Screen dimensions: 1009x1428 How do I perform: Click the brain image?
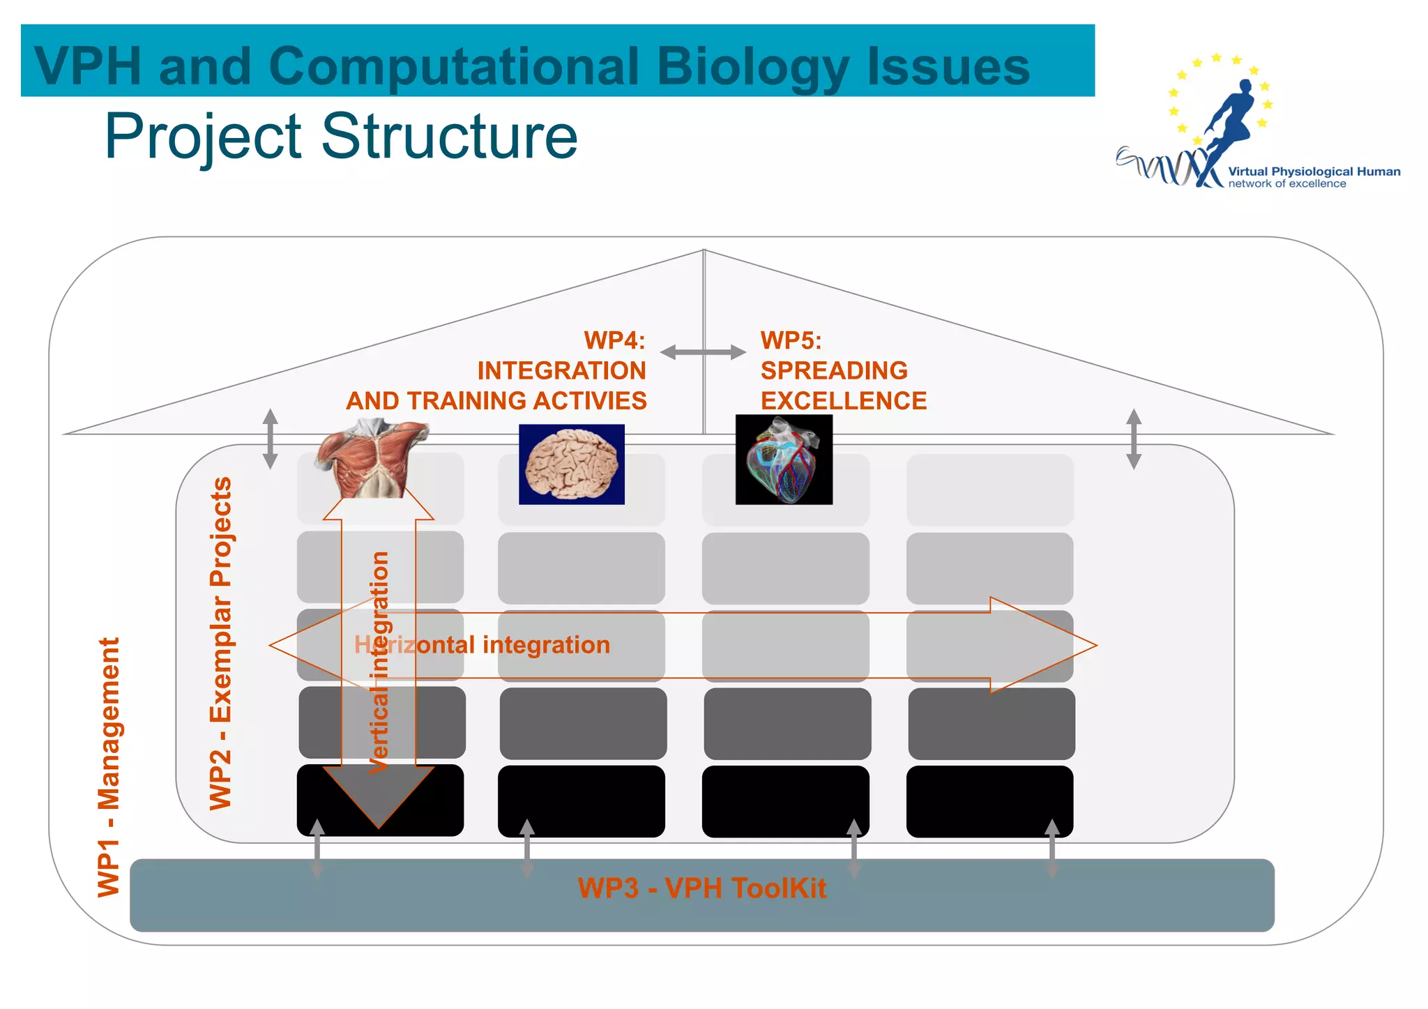[x=572, y=464]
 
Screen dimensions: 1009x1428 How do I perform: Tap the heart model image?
[x=784, y=460]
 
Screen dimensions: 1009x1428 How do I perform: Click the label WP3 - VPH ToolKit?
[x=701, y=888]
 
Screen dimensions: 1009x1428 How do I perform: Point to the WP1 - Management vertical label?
[x=109, y=767]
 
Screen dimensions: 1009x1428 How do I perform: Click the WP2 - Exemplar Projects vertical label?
[x=220, y=643]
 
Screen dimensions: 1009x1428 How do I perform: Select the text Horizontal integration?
[x=482, y=645]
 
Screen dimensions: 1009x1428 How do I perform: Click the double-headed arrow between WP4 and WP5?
[x=703, y=352]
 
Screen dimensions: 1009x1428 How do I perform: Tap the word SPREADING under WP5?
[x=834, y=370]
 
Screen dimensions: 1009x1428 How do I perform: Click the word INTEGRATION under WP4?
[x=561, y=370]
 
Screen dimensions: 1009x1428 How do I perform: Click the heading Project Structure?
[x=341, y=136]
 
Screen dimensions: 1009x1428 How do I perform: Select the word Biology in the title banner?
[x=753, y=66]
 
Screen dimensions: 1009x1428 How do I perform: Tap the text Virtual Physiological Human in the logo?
[x=1314, y=172]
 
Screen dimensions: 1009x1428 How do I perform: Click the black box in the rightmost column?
[x=989, y=801]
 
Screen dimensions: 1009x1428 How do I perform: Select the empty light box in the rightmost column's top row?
[x=989, y=490]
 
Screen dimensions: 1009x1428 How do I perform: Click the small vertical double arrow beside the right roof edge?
[x=1134, y=439]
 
